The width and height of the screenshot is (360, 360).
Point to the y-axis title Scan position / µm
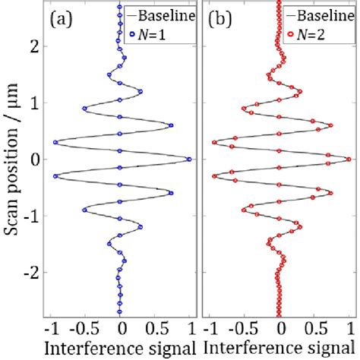point(13,160)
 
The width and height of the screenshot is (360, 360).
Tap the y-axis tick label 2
point(35,46)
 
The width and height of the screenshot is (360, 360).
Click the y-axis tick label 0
point(35,159)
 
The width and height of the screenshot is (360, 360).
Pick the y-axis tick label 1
point(35,103)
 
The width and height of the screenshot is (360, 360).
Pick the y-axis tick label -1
point(32,216)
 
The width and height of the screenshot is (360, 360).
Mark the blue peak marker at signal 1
point(189,159)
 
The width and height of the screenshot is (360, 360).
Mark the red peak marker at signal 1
point(349,159)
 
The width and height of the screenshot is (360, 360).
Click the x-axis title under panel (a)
point(121,349)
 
